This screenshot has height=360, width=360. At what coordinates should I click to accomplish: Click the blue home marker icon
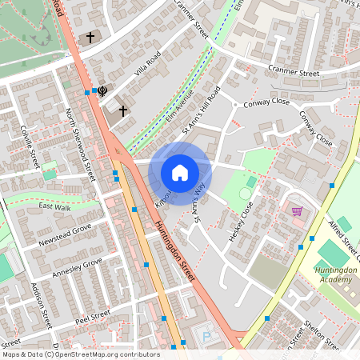tap(180, 172)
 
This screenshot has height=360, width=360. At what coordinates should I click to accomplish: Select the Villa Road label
tap(147, 62)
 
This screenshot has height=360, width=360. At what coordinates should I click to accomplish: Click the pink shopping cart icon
tap(297, 211)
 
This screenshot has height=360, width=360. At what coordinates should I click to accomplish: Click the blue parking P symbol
tap(210, 337)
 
